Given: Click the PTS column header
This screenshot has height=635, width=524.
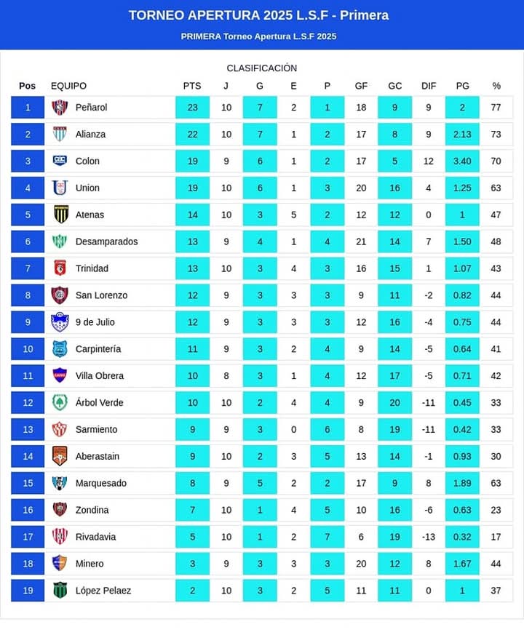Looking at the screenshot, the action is click(x=192, y=86).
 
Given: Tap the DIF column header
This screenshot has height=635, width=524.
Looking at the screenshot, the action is click(x=429, y=86).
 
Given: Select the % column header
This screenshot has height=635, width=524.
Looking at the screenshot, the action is click(x=496, y=86).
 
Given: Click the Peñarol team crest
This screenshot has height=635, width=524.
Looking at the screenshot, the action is click(x=60, y=108).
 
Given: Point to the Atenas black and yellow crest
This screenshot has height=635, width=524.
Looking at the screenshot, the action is click(x=61, y=215).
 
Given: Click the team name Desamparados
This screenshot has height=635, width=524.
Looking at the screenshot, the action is click(x=106, y=241).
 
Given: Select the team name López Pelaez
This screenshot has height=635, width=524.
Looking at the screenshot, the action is click(x=103, y=591).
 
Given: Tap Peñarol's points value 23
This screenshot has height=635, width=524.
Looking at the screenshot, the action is click(x=193, y=108).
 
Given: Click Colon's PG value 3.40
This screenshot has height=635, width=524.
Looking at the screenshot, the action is click(x=462, y=161).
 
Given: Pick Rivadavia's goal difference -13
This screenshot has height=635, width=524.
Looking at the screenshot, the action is click(x=429, y=537).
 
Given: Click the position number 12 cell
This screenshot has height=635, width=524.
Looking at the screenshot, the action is click(x=28, y=402).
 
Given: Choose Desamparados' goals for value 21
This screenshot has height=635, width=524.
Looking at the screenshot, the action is click(x=361, y=241).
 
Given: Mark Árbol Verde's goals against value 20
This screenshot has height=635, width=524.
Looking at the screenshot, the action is click(x=394, y=402).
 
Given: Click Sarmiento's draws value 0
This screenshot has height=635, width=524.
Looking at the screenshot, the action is click(x=294, y=429).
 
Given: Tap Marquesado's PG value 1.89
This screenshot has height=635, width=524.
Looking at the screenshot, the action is click(x=462, y=483).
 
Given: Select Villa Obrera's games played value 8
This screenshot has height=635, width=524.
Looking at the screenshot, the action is click(x=226, y=376).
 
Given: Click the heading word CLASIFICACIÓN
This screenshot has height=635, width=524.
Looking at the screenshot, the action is click(x=262, y=68).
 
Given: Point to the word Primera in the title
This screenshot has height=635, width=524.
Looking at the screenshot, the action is click(x=365, y=15).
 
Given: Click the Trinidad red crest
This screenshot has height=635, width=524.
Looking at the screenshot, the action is click(x=60, y=268).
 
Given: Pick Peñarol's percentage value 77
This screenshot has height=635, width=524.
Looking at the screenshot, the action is click(x=496, y=108).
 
